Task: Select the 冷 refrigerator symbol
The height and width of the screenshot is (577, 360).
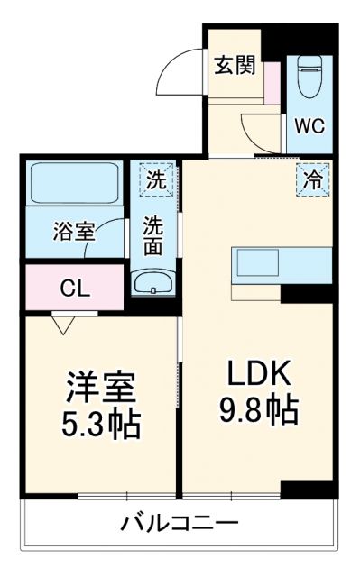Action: [311, 179]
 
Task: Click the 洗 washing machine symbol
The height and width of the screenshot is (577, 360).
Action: [156, 179]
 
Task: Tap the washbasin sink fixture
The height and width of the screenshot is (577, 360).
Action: [155, 282]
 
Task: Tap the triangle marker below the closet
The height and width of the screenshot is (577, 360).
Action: [63, 323]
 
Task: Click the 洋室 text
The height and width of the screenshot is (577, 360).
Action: [100, 389]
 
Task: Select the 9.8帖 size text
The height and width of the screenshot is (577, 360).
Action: [257, 413]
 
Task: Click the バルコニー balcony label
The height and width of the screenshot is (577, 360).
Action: [180, 524]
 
